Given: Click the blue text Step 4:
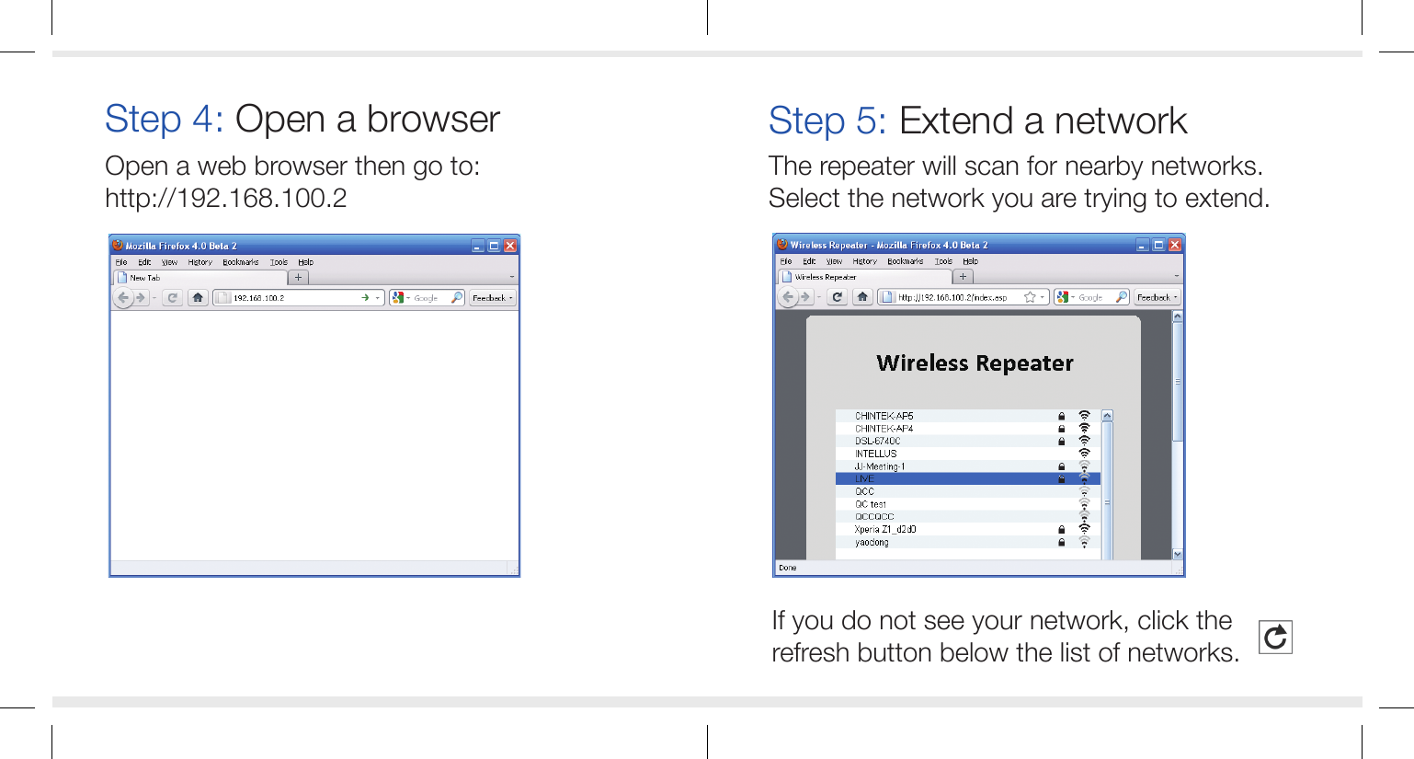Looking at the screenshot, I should tap(164, 120).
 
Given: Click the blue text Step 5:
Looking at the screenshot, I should tap(827, 121).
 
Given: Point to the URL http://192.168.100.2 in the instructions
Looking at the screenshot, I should tap(225, 199).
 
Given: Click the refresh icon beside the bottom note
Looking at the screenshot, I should tap(1275, 637).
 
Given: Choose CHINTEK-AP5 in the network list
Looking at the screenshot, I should tap(884, 416).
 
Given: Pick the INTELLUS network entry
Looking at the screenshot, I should tap(876, 454).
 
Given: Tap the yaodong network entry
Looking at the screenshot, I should tap(872, 543).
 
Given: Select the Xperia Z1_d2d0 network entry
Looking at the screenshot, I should tap(885, 530).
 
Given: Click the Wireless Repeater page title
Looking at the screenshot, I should tap(975, 363).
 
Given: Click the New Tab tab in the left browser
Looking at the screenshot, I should tap(145, 278).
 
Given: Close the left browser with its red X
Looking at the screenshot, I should tap(510, 246).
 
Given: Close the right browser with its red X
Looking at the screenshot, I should tap(1174, 245).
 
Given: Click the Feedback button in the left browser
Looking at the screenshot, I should tap(492, 298).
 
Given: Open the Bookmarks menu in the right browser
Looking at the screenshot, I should tap(905, 261).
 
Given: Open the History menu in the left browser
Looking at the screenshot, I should tap(200, 262).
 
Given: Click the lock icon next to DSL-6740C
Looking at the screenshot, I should tap(1062, 442).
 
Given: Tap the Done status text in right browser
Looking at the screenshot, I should tap(788, 568).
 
